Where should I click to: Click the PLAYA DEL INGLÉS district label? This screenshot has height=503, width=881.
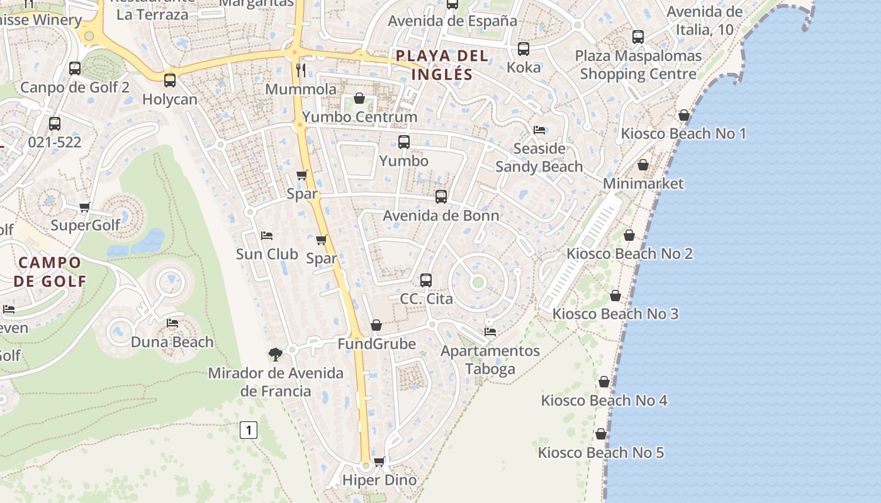point(442,65)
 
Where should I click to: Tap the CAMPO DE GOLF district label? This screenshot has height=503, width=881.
point(50,272)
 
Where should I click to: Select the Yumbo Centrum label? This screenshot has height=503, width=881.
point(359,117)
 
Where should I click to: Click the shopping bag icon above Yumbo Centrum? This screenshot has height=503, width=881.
point(359,98)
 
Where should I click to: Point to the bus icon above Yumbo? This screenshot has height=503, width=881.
point(404,142)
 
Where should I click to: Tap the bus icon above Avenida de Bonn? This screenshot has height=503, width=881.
point(441,197)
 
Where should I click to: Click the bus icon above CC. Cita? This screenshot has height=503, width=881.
point(426,280)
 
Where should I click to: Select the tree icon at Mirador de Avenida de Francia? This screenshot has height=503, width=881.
point(275,355)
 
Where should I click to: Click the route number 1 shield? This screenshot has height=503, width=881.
point(249,431)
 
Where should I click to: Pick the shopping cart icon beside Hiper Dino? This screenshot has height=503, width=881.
point(379,462)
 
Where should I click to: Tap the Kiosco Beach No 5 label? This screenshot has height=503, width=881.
point(601,453)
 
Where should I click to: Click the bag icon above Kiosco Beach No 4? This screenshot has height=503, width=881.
point(604,382)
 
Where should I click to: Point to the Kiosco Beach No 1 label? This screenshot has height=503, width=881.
point(683,133)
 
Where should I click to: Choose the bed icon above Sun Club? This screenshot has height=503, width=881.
point(267,236)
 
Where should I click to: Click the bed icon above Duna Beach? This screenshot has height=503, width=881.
point(172,323)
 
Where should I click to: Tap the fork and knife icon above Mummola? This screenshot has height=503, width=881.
point(301,70)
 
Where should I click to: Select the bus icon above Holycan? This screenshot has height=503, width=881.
point(170,80)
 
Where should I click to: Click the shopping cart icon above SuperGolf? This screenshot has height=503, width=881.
point(85,207)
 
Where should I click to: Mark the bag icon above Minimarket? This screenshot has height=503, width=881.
point(643,165)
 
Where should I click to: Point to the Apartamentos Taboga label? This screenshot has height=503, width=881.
point(490,360)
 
